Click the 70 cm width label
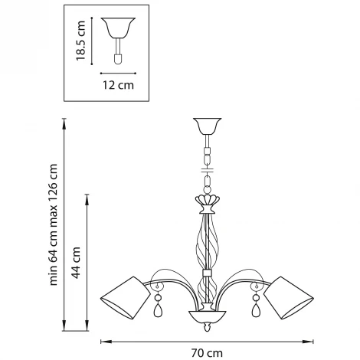pyautogui.click(x=207, y=353)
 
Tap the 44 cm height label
pyautogui.click(x=76, y=263)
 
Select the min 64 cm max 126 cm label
pyautogui.click(x=53, y=224)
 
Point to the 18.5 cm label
pyautogui.click(x=80, y=41)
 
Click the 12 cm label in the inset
pyautogui.click(x=118, y=85)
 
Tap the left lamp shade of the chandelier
pyautogui.click(x=126, y=298)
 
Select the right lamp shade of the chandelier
pyautogui.click(x=289, y=298)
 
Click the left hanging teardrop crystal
pyautogui.click(x=159, y=310)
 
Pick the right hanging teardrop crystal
pyautogui.click(x=256, y=310)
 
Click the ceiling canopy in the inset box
pyautogui.click(x=118, y=28)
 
